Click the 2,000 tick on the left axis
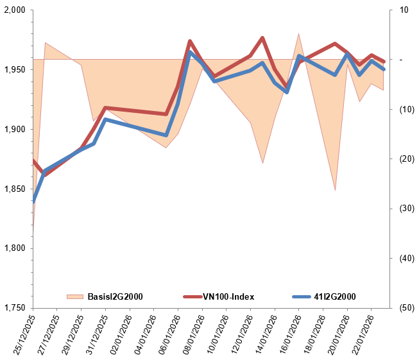tap(15, 10)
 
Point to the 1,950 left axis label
tap(15, 69)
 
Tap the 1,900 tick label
tap(15, 129)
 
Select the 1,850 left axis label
tap(15, 189)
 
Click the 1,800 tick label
tap(15, 248)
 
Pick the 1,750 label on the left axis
tap(15, 308)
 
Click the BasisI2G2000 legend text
tap(115, 296)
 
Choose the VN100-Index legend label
tap(228, 296)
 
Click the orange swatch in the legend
tap(75, 296)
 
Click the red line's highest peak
tap(262, 38)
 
